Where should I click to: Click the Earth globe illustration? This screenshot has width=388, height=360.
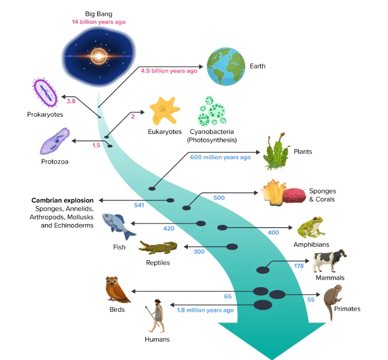226,66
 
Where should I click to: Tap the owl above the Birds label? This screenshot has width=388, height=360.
117,289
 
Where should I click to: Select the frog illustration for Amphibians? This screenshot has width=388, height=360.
311,227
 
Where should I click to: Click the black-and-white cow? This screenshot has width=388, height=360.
330,261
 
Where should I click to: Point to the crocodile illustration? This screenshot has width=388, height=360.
158,247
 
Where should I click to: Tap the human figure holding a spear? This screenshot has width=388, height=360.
156,316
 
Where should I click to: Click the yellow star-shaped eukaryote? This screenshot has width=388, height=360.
165,111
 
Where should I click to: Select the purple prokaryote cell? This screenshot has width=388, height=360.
45,92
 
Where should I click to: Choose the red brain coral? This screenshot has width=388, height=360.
294,196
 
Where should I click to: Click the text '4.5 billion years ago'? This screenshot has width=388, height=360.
169,71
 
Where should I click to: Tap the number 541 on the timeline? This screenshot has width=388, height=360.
139,205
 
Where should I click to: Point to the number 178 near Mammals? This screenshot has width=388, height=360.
299,266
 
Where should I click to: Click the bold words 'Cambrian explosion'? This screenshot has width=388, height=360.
62,200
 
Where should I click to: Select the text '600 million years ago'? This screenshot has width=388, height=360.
220,157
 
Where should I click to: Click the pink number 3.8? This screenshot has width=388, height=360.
71,101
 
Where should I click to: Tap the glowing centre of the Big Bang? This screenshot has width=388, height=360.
99,56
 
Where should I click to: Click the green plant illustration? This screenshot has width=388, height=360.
276,152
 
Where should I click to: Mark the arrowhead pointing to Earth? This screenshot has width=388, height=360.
201,66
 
